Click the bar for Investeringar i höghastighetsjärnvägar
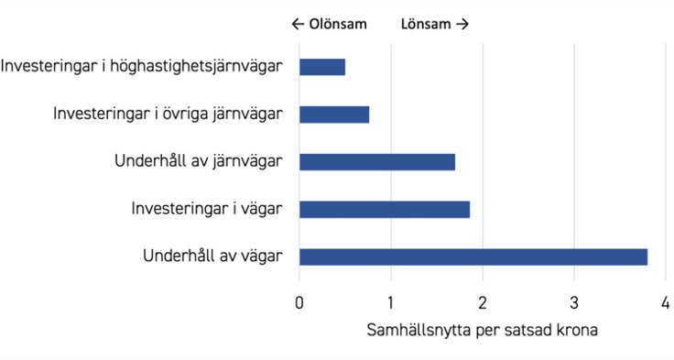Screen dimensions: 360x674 click(322, 67)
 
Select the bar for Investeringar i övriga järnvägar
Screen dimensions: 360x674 click(334, 115)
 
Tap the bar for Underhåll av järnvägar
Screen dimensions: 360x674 click(377, 162)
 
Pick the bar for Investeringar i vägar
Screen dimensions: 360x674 click(385, 210)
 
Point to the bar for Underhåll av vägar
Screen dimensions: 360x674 click(473, 256)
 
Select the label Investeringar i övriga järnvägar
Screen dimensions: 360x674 click(168, 114)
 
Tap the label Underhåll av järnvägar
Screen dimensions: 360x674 click(199, 161)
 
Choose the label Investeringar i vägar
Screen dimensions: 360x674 click(207, 209)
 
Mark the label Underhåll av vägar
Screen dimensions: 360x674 click(213, 256)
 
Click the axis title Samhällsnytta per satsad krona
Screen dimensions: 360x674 click(483, 330)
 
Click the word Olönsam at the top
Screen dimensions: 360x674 click(337, 25)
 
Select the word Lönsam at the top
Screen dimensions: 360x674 click(426, 25)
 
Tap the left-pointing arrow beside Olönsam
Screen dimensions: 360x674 click(297, 25)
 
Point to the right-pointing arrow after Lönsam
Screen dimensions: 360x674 click(462, 25)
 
